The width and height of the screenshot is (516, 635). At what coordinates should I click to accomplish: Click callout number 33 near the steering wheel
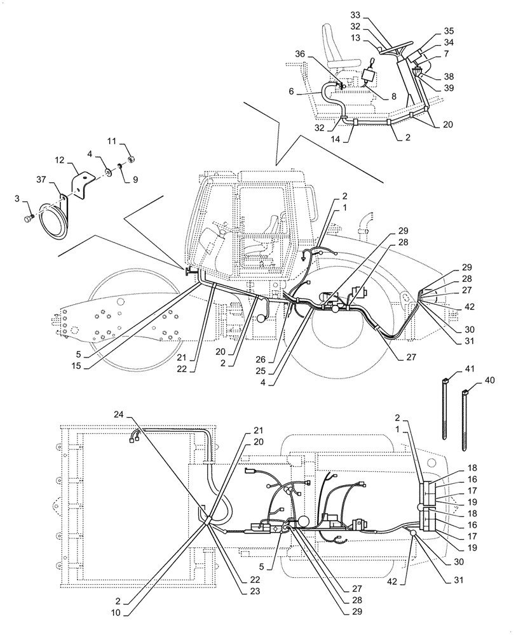click(x=355, y=14)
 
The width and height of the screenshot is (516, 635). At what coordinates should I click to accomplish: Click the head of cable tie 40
click(x=466, y=392)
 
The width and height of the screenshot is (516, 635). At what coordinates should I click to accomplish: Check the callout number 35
click(x=449, y=30)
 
